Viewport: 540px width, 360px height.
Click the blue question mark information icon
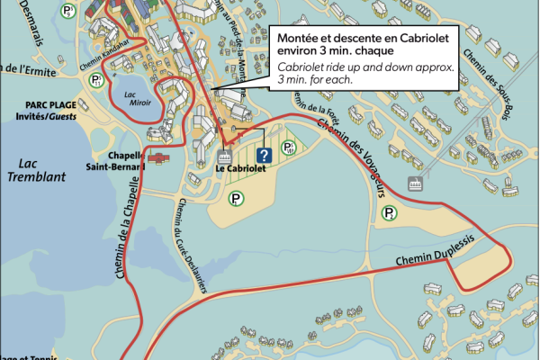click(x=264, y=155)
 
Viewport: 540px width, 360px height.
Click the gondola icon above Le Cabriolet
click(x=226, y=155)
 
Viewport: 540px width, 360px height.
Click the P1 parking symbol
click(x=235, y=199)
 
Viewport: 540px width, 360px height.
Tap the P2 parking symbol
click(x=390, y=212)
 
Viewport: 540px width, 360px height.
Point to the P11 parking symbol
click(x=95, y=81)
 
